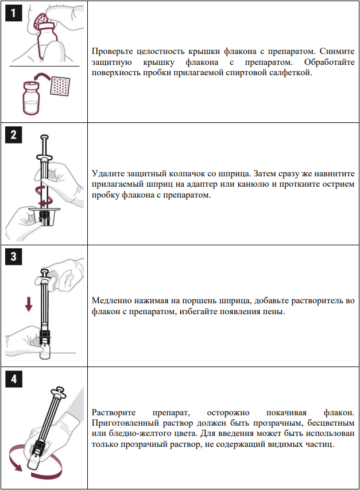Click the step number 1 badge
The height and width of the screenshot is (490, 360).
click(13, 13)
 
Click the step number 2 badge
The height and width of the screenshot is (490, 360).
click(13, 134)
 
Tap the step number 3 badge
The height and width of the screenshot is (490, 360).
click(13, 257)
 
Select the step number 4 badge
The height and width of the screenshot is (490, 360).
click(14, 379)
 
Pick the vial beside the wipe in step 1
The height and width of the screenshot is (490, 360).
click(31, 98)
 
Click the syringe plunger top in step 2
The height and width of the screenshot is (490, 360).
click(45, 137)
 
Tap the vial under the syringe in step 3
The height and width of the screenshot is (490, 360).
click(45, 350)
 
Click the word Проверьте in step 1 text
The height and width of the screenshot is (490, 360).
click(113, 51)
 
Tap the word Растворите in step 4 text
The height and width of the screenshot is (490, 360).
click(114, 412)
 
